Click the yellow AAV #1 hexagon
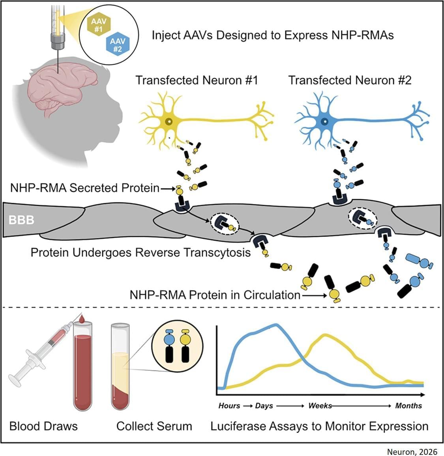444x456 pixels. (96, 26)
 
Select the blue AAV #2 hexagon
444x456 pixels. (117, 45)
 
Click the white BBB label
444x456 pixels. (21, 220)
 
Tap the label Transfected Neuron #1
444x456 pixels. (197, 80)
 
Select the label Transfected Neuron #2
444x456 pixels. (350, 80)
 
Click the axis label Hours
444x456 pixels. (229, 406)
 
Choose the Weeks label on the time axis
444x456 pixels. (320, 406)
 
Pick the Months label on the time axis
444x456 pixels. (408, 406)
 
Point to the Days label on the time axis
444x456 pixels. (264, 406)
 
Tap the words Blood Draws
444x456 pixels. (43, 426)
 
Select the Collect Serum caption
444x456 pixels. (154, 426)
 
